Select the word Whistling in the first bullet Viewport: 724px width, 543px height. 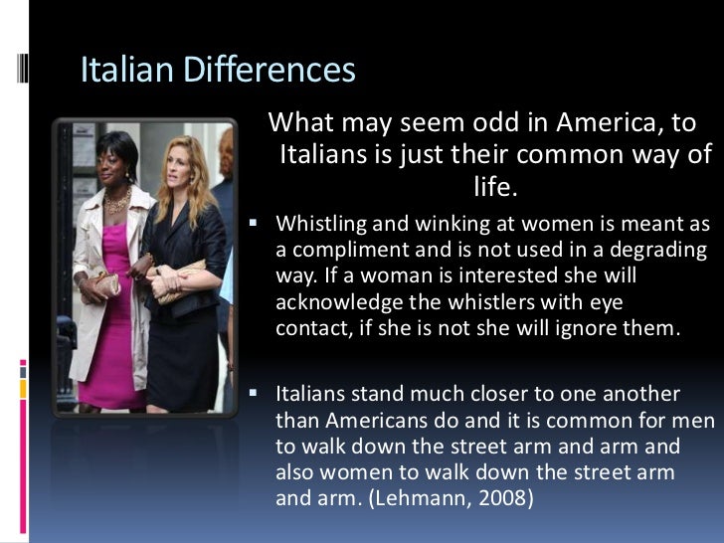point(319,223)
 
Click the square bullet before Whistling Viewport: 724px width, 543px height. point(256,222)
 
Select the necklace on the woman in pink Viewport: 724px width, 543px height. point(116,200)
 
